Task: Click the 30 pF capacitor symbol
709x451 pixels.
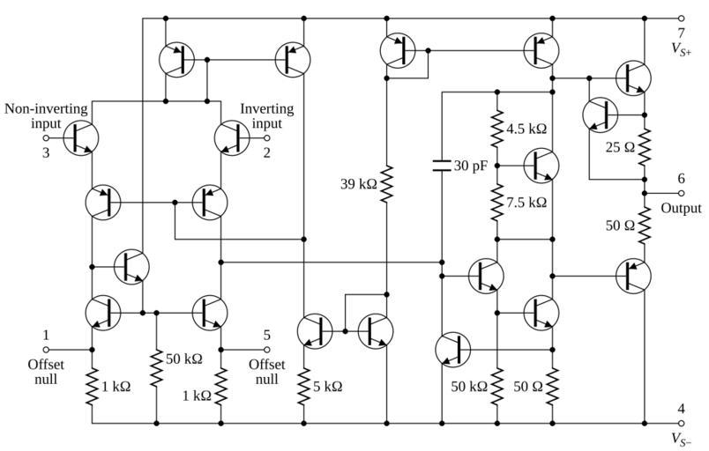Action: [440, 165]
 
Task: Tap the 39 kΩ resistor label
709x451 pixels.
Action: [358, 184]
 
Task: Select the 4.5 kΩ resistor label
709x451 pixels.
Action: [526, 129]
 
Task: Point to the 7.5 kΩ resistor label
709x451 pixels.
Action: [526, 202]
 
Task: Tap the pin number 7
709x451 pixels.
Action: [681, 33]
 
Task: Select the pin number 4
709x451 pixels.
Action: [681, 408]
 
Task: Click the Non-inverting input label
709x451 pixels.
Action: [46, 116]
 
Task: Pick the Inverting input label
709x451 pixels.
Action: [268, 116]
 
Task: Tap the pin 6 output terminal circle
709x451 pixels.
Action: [681, 193]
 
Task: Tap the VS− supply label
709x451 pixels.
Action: [681, 438]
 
